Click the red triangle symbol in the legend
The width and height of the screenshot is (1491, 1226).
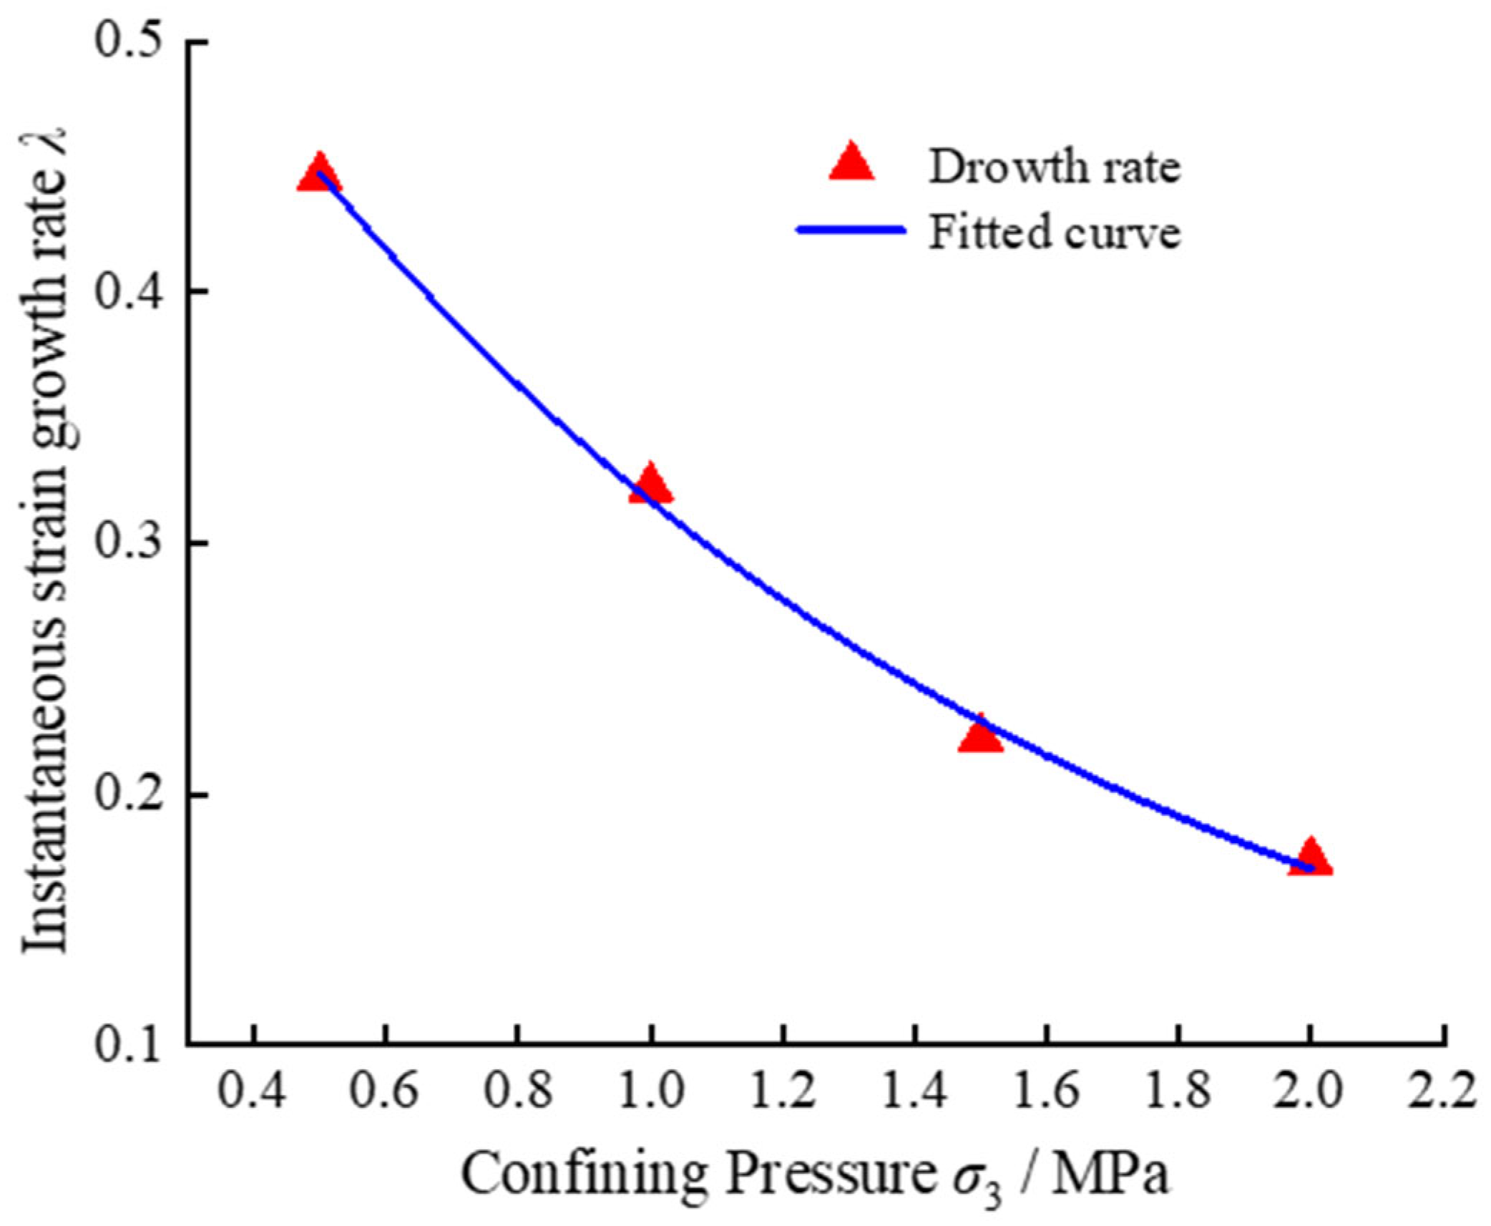851,162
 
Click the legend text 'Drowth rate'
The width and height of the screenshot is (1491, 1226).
1054,167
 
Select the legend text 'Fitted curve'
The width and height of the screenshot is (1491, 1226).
1054,233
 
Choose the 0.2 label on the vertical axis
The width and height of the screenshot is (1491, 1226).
127,795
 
